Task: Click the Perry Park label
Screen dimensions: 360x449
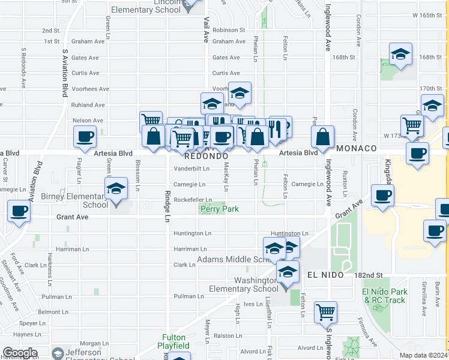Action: (219, 209)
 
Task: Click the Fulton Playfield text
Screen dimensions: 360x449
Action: (173, 341)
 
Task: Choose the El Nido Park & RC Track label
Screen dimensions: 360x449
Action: (384, 296)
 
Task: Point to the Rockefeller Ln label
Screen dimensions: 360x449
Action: (192, 200)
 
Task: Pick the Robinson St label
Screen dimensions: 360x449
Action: (229, 29)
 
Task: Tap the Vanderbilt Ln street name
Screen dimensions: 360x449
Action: (191, 169)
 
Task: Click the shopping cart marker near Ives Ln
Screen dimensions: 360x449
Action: (325, 311)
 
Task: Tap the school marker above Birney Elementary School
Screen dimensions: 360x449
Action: (115, 188)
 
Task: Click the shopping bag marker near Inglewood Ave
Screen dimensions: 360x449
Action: (323, 136)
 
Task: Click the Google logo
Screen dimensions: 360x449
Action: (20, 353)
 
